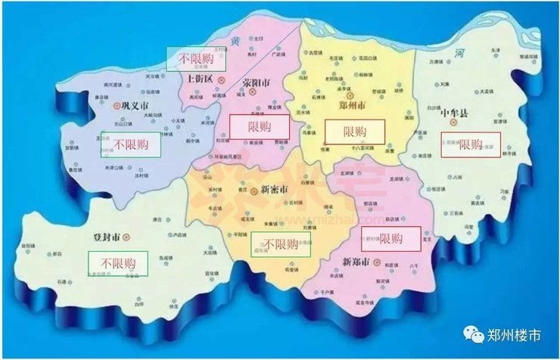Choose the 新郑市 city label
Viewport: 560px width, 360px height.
coord(356,262)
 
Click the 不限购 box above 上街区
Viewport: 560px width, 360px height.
coord(195,57)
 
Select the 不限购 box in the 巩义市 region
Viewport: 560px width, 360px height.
coord(129,144)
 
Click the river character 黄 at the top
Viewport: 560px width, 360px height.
coord(235,39)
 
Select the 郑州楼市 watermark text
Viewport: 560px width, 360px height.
coord(514,334)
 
